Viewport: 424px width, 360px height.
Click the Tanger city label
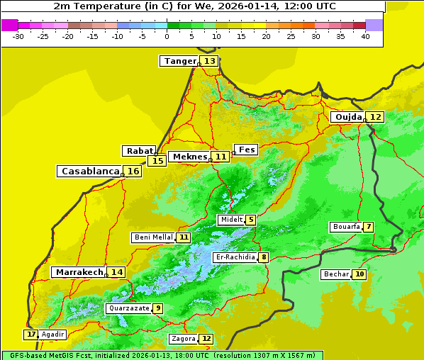[179, 61]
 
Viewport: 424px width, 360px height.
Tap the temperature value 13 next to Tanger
[210, 61]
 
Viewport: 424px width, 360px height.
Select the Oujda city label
[348, 117]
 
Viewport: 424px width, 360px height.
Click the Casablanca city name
[89, 171]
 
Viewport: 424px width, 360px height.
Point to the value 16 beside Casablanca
[133, 171]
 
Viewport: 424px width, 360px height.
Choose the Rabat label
[139, 151]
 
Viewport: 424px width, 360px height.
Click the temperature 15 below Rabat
[157, 161]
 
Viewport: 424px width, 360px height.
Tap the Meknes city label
[189, 157]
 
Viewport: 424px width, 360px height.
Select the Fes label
[246, 150]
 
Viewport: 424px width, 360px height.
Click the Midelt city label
[231, 220]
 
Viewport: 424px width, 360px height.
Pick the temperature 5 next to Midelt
[250, 220]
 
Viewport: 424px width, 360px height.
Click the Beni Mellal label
[153, 237]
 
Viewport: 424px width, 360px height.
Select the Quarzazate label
[128, 308]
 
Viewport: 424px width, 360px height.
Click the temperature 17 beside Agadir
[30, 334]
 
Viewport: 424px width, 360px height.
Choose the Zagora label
[182, 339]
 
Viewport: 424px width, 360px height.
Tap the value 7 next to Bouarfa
[368, 227]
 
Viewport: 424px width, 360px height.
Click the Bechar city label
[336, 274]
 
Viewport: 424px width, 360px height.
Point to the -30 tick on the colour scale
[18, 36]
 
